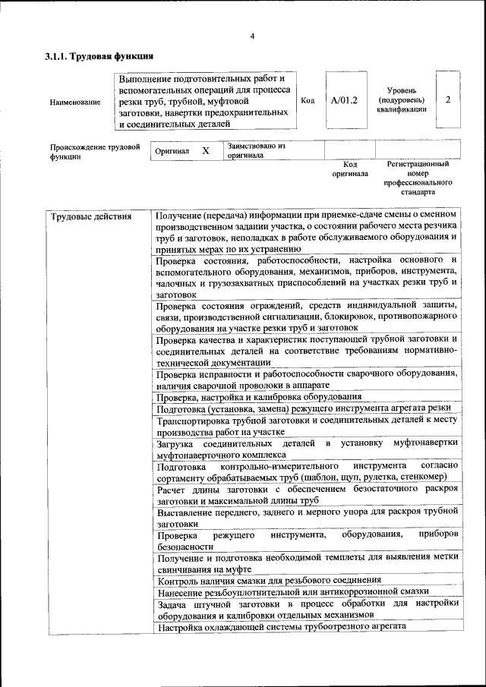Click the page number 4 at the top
251,37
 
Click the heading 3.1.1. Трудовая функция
99,56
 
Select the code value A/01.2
344,100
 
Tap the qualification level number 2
448,100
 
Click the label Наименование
74,102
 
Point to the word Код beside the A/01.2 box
308,100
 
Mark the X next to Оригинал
205,151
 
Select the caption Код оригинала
349,169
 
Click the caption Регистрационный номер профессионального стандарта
418,178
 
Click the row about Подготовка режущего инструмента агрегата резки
304,408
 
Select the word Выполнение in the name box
147,79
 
